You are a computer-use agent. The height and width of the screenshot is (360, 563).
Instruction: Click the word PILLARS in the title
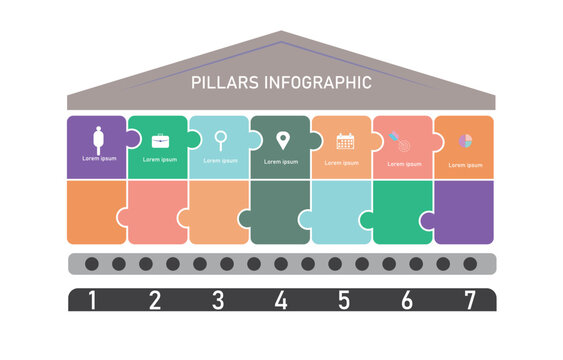click(222, 83)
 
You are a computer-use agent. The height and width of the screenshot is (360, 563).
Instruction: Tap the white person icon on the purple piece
click(98, 139)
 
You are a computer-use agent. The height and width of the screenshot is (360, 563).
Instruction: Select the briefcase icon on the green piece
click(159, 141)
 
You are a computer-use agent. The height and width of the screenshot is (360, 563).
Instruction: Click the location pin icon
click(282, 140)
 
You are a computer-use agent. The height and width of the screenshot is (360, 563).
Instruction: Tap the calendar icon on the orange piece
click(345, 141)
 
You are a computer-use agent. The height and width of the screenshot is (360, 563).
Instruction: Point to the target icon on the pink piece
click(401, 143)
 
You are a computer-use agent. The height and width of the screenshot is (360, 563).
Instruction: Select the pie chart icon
click(465, 141)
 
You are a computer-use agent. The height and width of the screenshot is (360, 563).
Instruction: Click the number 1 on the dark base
click(93, 299)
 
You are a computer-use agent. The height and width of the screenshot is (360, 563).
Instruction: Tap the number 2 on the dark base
click(155, 299)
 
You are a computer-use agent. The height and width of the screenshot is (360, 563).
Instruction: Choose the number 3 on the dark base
click(218, 299)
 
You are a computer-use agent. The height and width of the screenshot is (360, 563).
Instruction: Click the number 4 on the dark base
click(281, 299)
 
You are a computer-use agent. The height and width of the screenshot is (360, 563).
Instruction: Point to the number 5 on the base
click(343, 299)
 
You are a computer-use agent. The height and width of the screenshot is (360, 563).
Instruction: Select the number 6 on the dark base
click(406, 299)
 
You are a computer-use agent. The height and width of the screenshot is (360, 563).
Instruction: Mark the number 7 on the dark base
click(468, 299)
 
